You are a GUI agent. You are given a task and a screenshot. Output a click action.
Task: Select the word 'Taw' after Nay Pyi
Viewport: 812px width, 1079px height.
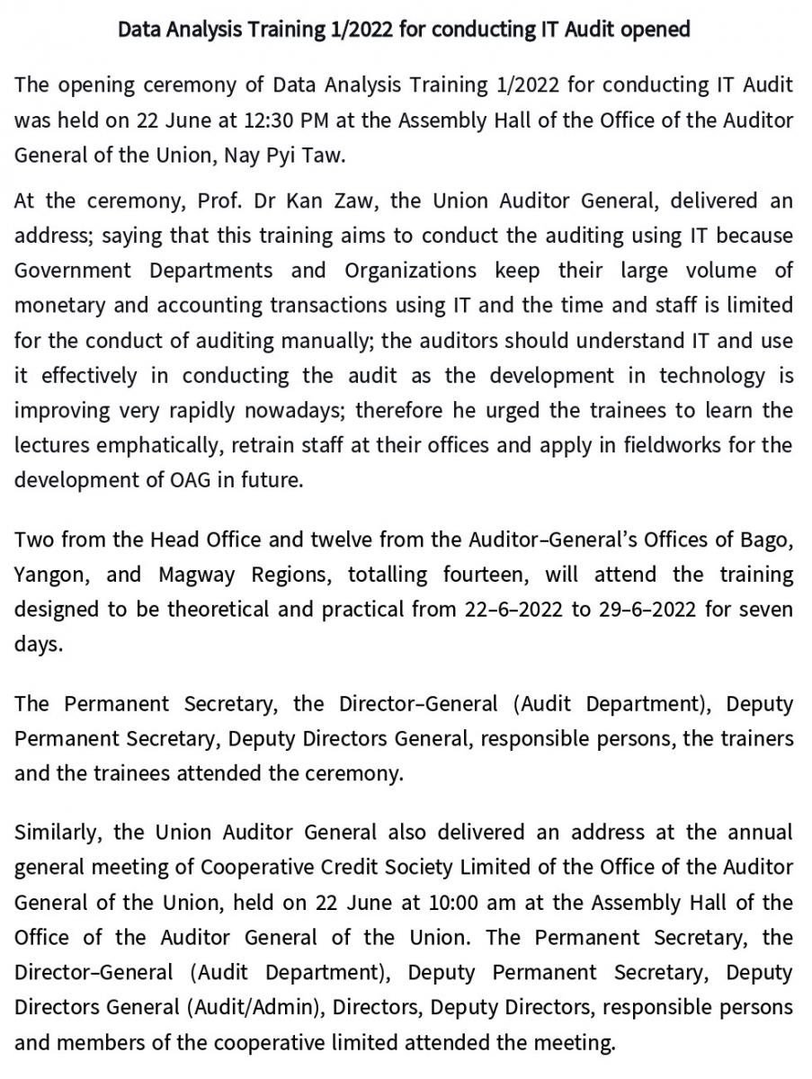322,155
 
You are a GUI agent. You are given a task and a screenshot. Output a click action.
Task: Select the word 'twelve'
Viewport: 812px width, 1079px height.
348,539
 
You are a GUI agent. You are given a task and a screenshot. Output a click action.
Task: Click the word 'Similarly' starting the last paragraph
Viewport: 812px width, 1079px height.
58,833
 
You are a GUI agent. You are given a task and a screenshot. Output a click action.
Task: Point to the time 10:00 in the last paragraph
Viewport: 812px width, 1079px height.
410,902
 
